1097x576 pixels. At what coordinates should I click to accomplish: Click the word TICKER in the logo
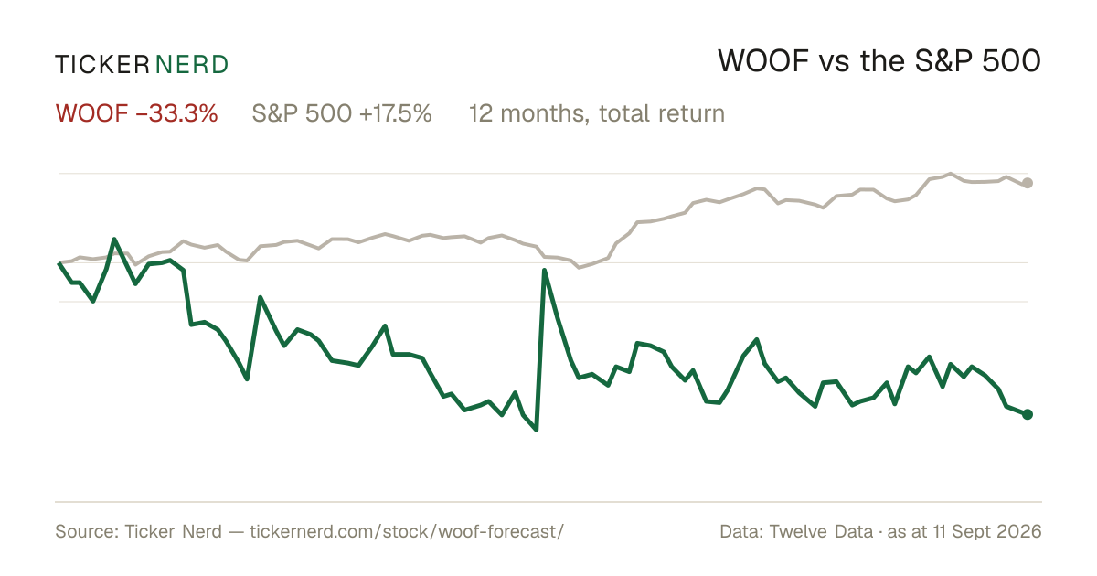point(102,65)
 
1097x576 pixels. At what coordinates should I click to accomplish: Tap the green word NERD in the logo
point(192,65)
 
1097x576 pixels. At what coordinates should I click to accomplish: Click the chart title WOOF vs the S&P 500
point(879,61)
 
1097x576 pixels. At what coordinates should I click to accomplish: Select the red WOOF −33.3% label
point(136,113)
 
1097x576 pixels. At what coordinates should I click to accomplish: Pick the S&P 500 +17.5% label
point(342,113)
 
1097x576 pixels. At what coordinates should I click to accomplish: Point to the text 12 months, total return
point(596,113)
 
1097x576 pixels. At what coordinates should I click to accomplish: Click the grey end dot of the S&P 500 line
point(1028,183)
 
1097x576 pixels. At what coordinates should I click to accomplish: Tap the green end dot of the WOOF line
point(1028,414)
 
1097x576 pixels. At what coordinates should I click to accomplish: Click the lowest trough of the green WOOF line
point(537,430)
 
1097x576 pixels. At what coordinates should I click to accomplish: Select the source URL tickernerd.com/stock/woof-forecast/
point(407,531)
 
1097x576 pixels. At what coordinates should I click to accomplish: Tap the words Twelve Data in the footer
point(821,531)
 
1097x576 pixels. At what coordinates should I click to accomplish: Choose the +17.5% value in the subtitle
point(396,113)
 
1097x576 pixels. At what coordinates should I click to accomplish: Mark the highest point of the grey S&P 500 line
point(951,174)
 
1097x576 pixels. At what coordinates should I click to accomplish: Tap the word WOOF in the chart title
point(763,61)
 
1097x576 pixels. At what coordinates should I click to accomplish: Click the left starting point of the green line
point(59,263)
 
